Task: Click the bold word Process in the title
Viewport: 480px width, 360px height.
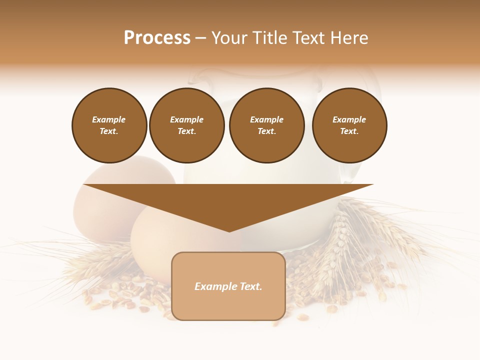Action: (157, 38)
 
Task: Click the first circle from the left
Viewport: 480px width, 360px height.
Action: (109, 125)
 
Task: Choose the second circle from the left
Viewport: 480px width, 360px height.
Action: (187, 125)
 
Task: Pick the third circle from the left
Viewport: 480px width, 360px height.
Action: (267, 125)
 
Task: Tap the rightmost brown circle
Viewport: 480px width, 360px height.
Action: (349, 125)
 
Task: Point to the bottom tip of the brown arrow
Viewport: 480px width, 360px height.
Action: (229, 231)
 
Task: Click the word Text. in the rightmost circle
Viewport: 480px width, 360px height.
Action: (349, 131)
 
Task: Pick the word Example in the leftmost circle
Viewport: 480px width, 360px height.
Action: (109, 119)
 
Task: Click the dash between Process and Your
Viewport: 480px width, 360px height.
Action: (201, 38)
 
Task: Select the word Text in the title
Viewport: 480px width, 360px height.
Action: (306, 38)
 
